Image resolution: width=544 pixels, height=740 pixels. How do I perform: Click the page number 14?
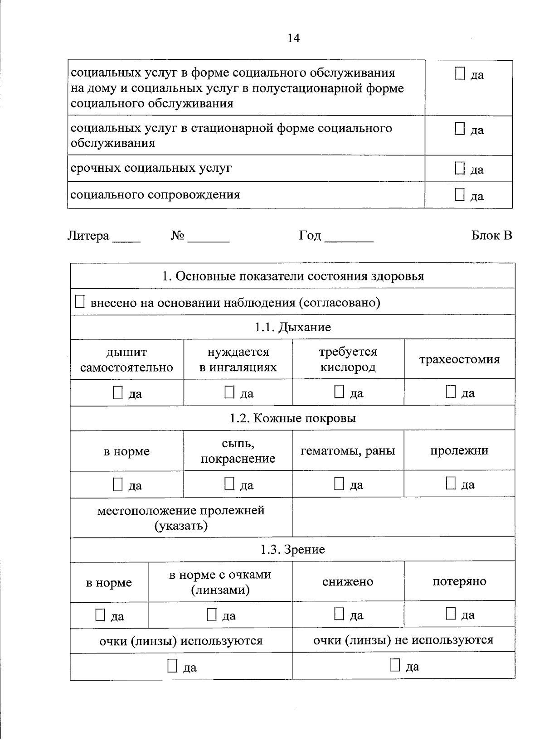click(293, 39)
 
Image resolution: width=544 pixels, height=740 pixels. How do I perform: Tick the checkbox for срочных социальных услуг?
click(460, 169)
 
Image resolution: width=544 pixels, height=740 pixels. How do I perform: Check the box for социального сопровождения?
click(460, 195)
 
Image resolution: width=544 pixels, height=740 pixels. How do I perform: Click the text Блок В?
click(491, 236)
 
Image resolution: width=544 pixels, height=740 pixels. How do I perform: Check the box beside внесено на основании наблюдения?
click(80, 302)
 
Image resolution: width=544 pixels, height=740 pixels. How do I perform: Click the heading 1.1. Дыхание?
click(292, 327)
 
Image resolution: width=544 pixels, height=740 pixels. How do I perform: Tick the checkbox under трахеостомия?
click(451, 392)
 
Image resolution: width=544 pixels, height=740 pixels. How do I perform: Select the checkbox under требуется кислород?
click(339, 392)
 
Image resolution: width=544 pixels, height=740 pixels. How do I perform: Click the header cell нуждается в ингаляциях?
click(238, 359)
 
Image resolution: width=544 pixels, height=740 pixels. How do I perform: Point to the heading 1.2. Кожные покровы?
click(292, 418)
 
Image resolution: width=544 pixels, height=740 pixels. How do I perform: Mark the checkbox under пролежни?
click(451, 484)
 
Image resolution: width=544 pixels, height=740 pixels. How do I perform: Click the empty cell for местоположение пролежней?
click(403, 518)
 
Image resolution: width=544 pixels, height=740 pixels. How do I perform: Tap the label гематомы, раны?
click(348, 451)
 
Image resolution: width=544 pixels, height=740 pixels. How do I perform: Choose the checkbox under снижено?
click(339, 614)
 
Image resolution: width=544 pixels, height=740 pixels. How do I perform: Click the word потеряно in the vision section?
click(459, 581)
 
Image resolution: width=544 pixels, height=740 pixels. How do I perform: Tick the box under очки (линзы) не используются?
click(395, 665)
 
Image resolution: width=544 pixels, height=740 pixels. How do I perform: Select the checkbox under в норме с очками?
click(212, 615)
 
